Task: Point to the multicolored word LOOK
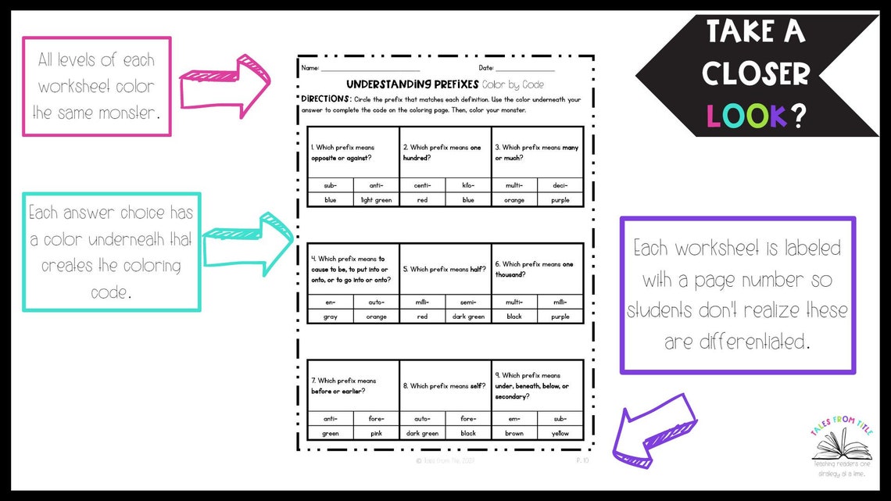point(746,116)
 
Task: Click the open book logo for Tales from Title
point(841,446)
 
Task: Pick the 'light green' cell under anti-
point(376,200)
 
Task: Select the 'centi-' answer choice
point(422,185)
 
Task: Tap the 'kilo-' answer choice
point(468,185)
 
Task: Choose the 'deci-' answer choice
point(560,185)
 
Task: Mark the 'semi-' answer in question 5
point(468,302)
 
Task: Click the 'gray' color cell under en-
point(330,317)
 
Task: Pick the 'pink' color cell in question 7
point(376,433)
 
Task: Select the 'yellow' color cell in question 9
point(560,433)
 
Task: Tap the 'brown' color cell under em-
point(514,433)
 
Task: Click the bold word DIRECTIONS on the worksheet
point(326,99)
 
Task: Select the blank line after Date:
point(524,69)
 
